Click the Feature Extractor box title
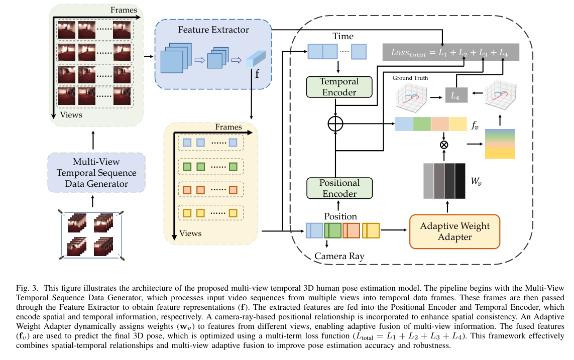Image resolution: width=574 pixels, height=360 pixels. pyautogui.click(x=213, y=30)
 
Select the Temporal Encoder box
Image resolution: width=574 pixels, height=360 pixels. pyautogui.click(x=339, y=87)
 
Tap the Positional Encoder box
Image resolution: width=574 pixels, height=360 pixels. pyautogui.click(x=339, y=188)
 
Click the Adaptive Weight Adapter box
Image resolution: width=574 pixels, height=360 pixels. pyautogui.click(x=455, y=231)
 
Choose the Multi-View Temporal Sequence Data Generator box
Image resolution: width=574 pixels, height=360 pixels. pyautogui.click(x=97, y=173)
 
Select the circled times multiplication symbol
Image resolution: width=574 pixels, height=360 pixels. pyautogui.click(x=444, y=145)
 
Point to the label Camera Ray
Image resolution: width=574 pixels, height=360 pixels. pyautogui.click(x=339, y=256)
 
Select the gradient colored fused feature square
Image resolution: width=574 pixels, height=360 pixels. pyautogui.click(x=500, y=144)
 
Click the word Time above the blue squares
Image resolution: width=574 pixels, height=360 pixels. pyautogui.click(x=343, y=36)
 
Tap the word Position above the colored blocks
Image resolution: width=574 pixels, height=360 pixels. pyautogui.click(x=340, y=216)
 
